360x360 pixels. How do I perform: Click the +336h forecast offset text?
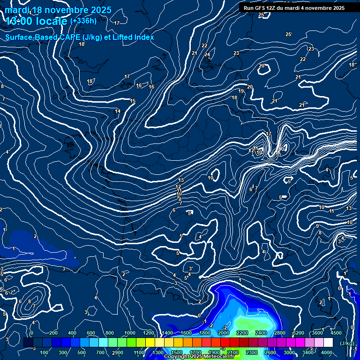click(83, 21)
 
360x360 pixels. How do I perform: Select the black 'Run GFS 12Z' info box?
click(294, 7)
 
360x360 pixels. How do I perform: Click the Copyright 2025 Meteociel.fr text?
click(199, 357)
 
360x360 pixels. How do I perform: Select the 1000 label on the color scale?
click(130, 333)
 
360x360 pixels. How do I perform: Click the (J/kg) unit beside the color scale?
click(346, 343)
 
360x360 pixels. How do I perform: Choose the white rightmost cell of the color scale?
click(328, 343)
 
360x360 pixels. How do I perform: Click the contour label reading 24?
click(207, 54)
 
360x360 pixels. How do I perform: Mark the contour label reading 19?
click(241, 91)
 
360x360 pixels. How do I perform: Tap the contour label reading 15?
click(133, 101)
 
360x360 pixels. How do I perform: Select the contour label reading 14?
click(118, 111)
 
